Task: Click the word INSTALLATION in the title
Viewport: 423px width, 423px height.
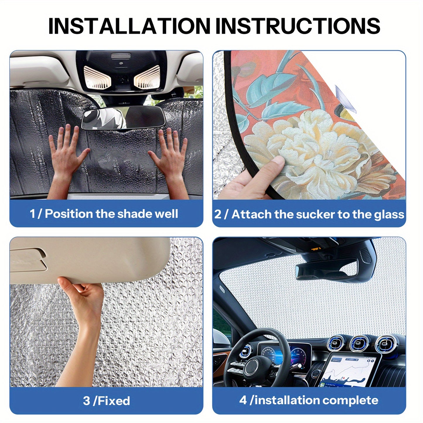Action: coord(129,26)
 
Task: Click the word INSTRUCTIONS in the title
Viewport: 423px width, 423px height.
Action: coord(297,26)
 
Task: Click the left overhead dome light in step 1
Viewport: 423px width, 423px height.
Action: coord(97,77)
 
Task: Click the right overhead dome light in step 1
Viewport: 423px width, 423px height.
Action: coord(147,77)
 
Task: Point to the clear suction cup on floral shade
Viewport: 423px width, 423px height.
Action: coord(345,100)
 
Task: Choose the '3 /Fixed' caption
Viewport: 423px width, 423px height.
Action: coord(106,401)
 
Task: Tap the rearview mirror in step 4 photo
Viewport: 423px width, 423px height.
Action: coord(326,271)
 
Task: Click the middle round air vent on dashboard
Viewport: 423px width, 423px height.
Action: coord(360,343)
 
